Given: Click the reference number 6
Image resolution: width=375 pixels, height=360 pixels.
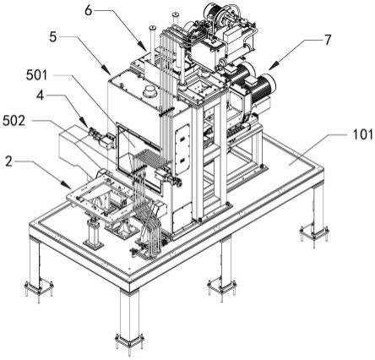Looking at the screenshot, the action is (89, 11).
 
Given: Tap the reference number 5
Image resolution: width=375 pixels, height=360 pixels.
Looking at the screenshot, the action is (52, 37).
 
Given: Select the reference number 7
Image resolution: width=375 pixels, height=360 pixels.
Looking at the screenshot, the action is (328, 41).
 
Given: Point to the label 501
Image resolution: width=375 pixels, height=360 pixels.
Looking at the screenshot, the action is (37, 75).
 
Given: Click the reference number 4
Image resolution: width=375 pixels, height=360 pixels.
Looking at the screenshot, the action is (41, 95).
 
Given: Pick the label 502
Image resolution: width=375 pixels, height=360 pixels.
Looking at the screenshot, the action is (14, 121).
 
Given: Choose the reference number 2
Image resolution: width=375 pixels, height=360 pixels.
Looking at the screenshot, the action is (9, 161).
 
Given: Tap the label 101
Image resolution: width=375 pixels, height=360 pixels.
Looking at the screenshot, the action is (362, 135).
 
